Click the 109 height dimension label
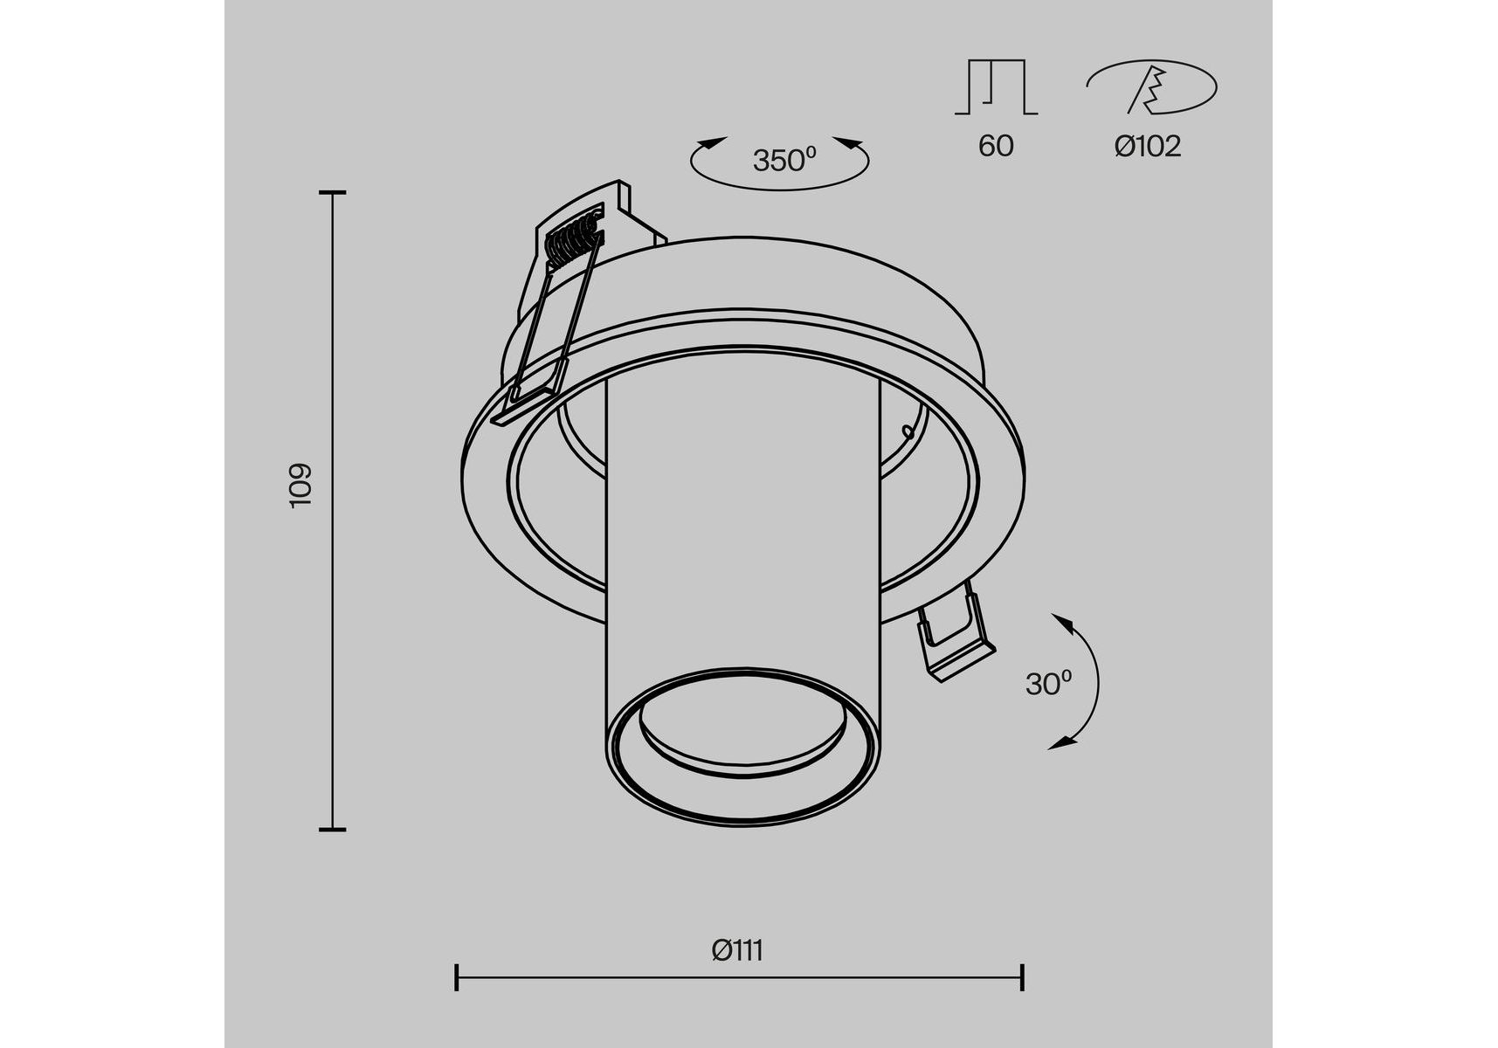(300, 485)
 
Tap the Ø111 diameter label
(738, 949)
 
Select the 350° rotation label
(784, 160)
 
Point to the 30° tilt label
(1048, 683)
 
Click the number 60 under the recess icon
(996, 146)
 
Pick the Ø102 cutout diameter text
(1148, 146)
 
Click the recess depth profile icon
(996, 86)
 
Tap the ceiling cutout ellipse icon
(1151, 86)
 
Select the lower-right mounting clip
(954, 634)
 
